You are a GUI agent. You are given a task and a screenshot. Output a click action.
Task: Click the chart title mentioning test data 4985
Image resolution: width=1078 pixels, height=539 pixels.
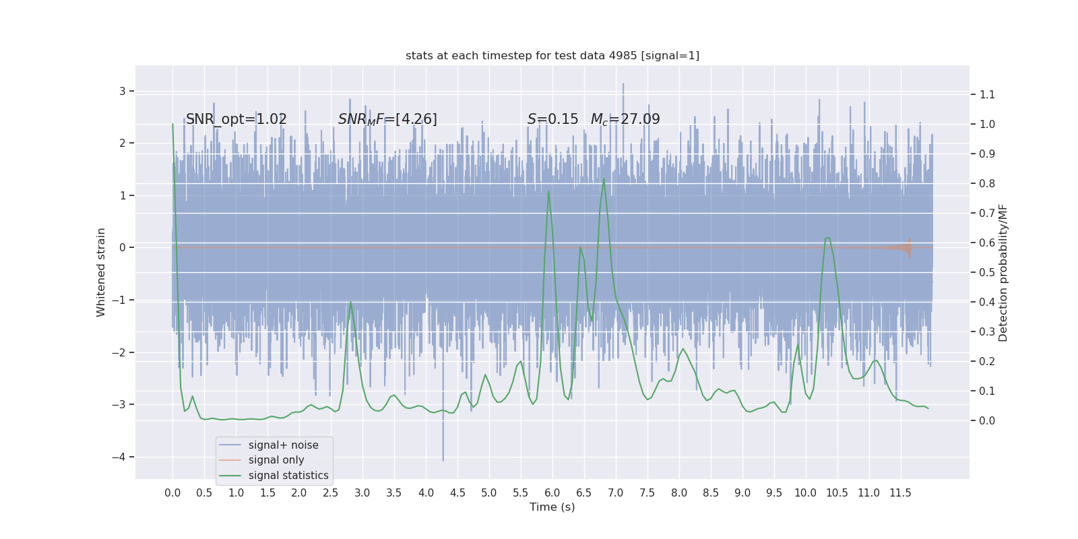click(552, 56)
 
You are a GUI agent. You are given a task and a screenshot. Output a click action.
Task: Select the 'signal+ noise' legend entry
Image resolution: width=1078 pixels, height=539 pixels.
click(283, 445)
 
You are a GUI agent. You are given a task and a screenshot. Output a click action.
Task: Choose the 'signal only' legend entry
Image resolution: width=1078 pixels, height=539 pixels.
click(276, 460)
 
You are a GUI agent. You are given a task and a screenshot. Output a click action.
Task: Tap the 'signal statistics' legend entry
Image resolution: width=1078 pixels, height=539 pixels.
click(288, 476)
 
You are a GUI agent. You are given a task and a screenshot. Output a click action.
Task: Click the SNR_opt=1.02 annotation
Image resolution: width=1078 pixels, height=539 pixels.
click(236, 119)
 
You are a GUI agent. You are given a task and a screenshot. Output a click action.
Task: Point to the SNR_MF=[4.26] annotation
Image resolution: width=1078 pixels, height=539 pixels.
click(387, 119)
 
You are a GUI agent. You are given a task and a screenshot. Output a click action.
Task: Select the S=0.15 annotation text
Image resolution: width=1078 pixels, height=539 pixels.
click(552, 119)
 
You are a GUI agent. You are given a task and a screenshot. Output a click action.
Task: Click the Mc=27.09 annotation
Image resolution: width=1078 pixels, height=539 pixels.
click(625, 119)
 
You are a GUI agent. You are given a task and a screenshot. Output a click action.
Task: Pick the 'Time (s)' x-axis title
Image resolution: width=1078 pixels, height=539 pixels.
click(552, 507)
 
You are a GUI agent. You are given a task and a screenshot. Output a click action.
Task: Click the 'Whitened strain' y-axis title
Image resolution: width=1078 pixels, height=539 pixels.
click(101, 272)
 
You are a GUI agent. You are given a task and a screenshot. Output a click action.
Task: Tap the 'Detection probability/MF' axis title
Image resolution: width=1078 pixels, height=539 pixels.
click(1003, 272)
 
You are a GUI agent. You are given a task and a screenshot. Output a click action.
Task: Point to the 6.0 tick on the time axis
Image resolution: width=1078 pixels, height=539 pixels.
click(552, 493)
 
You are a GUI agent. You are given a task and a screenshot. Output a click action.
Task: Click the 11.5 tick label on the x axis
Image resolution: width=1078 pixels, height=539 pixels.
click(900, 493)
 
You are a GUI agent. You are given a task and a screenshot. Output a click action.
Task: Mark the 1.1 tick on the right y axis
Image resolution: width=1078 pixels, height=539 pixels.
click(987, 94)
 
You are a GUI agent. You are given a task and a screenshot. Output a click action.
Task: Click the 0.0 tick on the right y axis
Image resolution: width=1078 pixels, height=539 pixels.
click(987, 420)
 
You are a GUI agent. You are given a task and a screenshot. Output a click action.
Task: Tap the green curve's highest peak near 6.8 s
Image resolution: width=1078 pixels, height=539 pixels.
click(604, 179)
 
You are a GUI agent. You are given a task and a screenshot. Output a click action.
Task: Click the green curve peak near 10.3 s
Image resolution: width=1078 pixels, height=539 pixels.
click(827, 238)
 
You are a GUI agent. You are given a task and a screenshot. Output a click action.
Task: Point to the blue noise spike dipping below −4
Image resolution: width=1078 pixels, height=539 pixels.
click(443, 458)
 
